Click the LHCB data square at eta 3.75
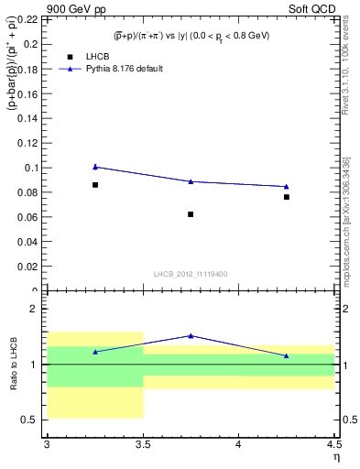coord(191,214)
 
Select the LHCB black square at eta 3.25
coord(95,185)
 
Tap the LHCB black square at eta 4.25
coord(287,197)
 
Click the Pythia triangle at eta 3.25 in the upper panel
coord(95,167)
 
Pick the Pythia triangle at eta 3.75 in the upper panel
coord(191,181)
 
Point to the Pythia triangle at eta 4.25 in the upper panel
coord(287,187)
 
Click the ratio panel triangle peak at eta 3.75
coord(191,335)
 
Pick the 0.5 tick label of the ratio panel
coord(33,420)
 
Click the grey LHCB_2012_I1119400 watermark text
coord(191,274)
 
